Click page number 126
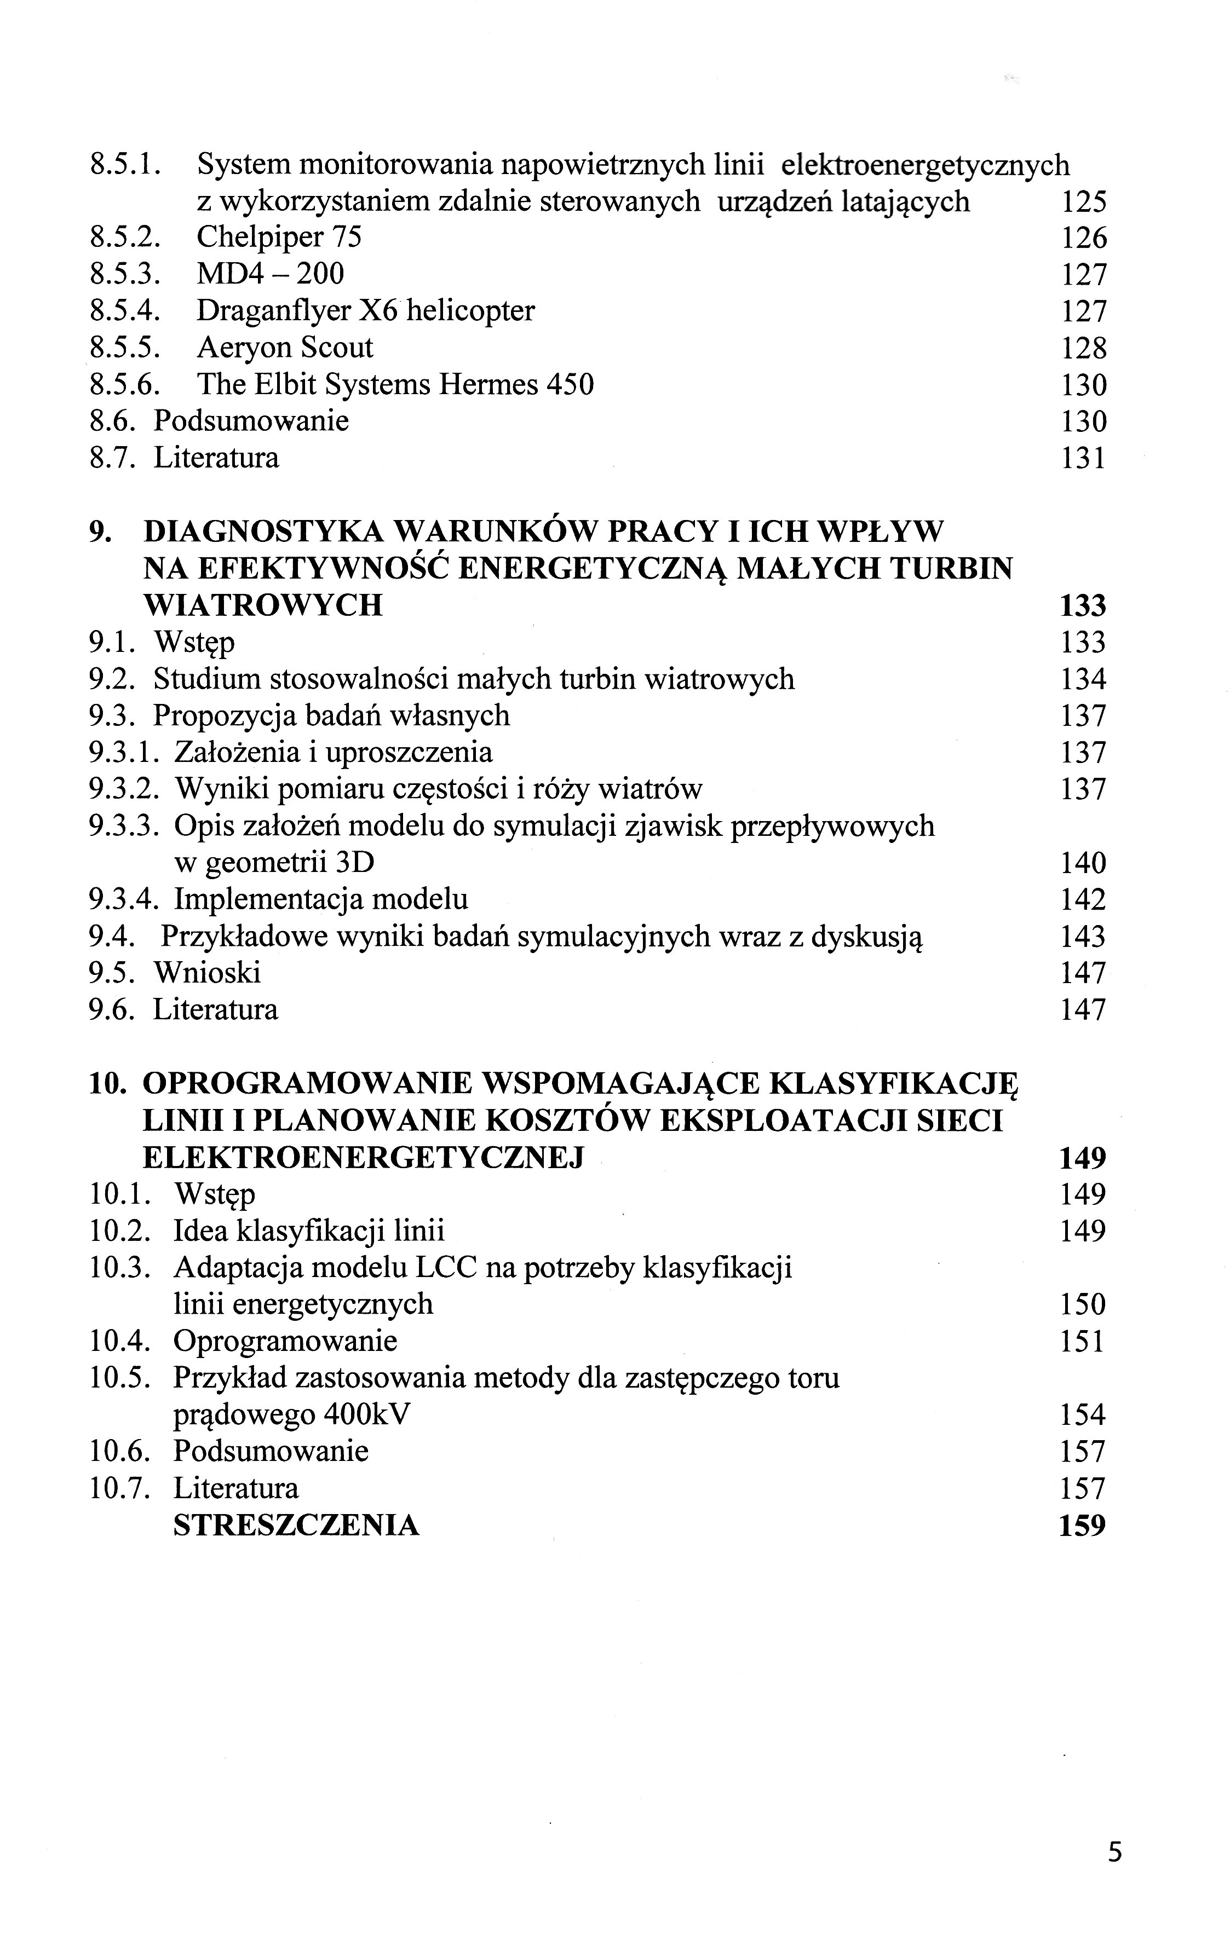[x=1084, y=238]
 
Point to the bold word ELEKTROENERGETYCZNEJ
[x=363, y=1158]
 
